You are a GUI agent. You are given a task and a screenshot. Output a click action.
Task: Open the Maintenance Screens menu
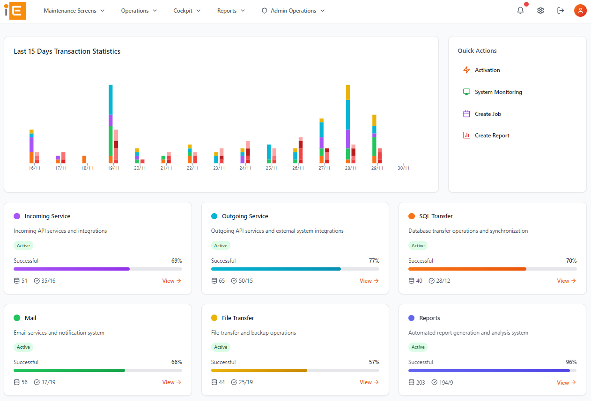tap(74, 11)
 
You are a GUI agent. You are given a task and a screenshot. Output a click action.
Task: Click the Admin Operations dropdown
tap(293, 11)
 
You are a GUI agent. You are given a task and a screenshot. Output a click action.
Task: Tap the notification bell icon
tap(520, 11)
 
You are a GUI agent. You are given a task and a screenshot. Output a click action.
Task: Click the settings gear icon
tap(540, 11)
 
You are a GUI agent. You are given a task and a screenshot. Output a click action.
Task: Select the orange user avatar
tap(580, 11)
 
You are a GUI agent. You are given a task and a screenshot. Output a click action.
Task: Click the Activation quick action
tap(487, 70)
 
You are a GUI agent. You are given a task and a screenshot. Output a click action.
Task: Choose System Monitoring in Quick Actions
tap(498, 92)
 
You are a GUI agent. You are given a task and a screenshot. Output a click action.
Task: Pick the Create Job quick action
tap(488, 114)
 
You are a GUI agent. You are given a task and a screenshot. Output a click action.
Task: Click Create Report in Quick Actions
tap(492, 136)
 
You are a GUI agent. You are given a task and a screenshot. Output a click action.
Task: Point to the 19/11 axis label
tap(113, 168)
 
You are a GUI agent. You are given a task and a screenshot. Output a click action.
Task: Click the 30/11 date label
tap(403, 168)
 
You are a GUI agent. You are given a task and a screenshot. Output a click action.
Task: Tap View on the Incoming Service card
tap(171, 281)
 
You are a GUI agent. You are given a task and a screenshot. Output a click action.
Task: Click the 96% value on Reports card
tap(571, 362)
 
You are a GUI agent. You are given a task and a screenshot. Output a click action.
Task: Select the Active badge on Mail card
tap(23, 347)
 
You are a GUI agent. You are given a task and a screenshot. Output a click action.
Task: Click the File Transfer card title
tap(238, 318)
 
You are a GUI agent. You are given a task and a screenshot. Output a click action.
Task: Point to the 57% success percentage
tap(374, 362)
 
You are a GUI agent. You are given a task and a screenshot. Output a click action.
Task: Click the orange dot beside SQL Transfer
tap(412, 216)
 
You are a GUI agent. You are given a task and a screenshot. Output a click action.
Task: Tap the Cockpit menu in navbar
tap(187, 11)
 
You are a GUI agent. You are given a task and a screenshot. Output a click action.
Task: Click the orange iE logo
tap(15, 11)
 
